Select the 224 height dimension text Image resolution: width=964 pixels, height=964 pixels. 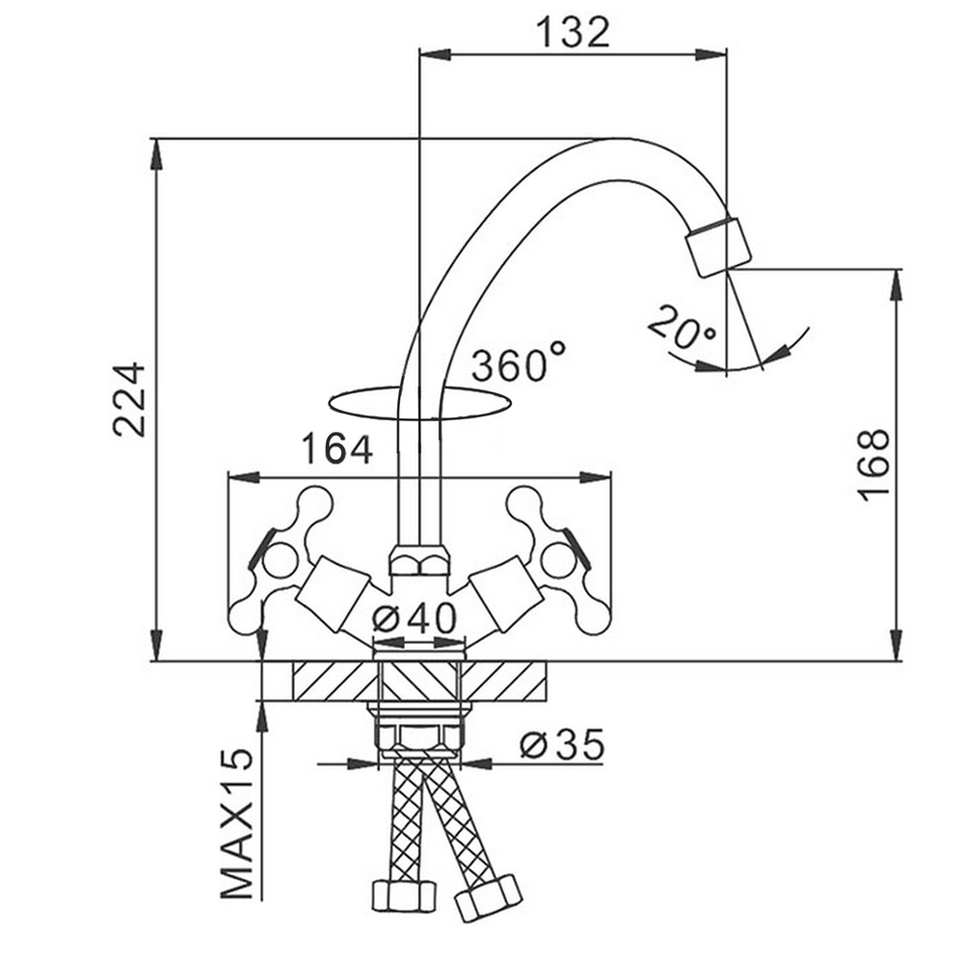tap(130, 400)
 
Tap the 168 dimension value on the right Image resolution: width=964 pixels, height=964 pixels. tap(874, 466)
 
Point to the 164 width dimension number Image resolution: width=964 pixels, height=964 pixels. tap(336, 449)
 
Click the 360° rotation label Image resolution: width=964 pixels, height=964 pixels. tap(519, 362)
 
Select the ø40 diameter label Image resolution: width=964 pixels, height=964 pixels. tap(415, 618)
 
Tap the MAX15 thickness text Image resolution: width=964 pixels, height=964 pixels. tap(237, 824)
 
